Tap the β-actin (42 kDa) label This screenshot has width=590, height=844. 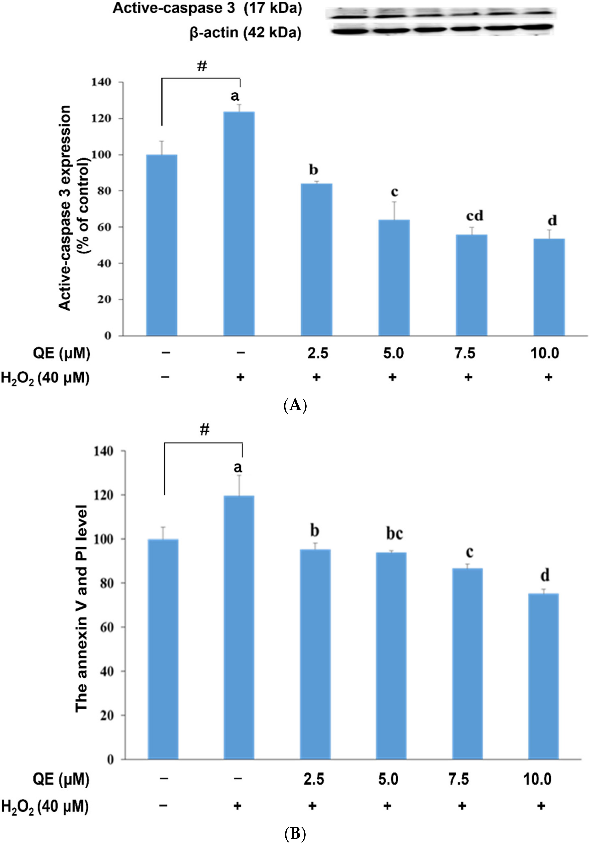[245, 33]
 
